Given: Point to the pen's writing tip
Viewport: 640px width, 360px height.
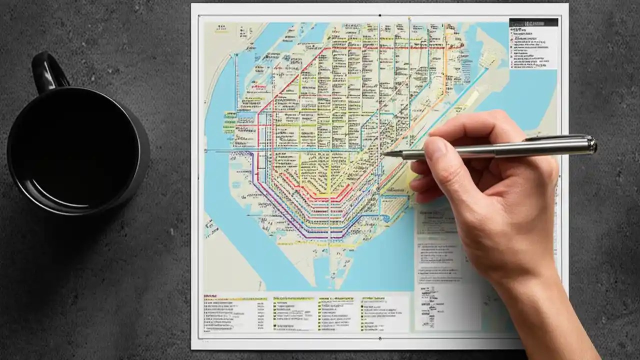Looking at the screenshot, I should click(x=385, y=154).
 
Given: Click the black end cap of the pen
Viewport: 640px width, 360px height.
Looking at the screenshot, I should click(x=593, y=145).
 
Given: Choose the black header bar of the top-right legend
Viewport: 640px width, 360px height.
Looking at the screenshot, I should click(x=533, y=22).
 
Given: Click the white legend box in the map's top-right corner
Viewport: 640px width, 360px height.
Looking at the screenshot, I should click(x=533, y=47).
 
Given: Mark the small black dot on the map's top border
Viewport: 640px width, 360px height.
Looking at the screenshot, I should click(x=380, y=15).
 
